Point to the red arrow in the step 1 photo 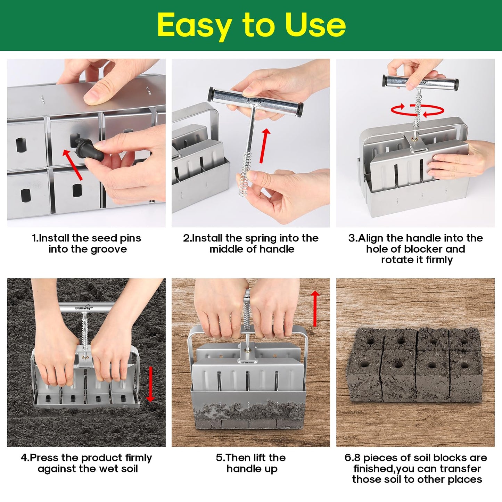pos(73,165)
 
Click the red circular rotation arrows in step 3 pos(418,110)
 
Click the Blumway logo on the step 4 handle pos(84,308)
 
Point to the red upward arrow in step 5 pos(315,308)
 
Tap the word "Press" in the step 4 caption pos(45,458)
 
